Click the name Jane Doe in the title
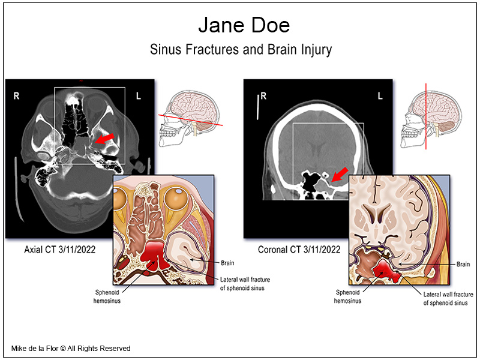244,25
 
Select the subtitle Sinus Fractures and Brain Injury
241,50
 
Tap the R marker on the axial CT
17,96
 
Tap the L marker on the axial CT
139,96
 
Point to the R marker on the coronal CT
263,96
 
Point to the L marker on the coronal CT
380,96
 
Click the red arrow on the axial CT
104,139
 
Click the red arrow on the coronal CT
340,174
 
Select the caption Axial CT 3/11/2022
59,250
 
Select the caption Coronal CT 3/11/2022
299,250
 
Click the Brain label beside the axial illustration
227,263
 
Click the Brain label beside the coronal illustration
463,264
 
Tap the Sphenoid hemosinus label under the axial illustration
107,296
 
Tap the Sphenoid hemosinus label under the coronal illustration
347,296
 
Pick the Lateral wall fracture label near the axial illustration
245,284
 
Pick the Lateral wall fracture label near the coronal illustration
448,298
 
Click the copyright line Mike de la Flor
71,349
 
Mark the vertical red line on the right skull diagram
426,116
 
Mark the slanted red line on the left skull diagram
190,120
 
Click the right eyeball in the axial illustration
176,198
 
